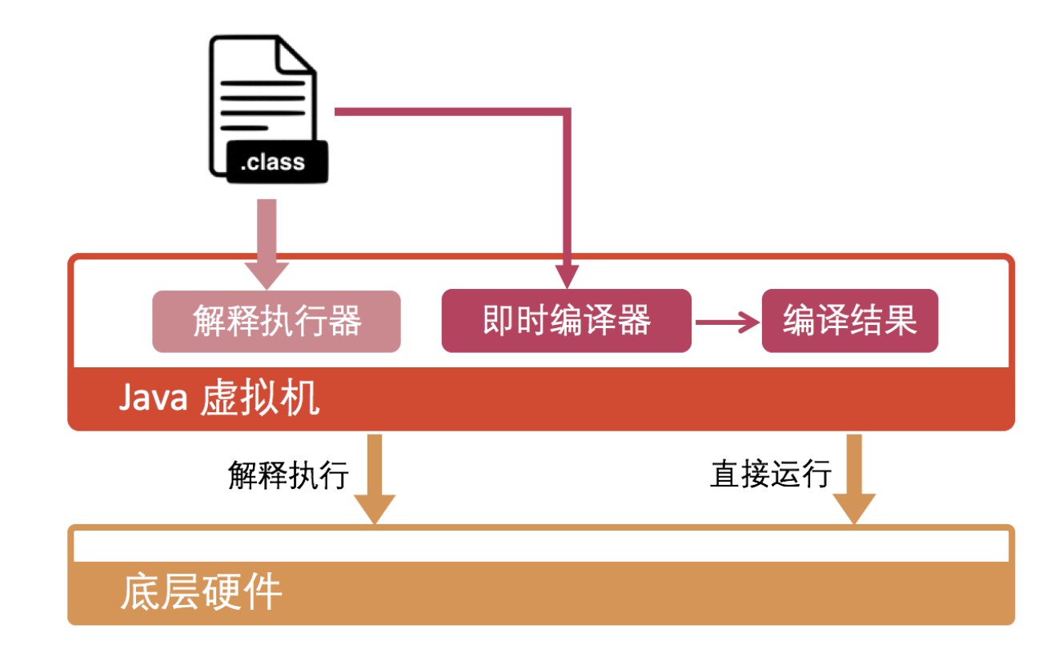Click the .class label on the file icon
(273, 162)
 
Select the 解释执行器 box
(276, 322)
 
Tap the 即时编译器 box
(566, 321)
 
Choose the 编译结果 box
(849, 321)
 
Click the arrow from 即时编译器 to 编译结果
(727, 322)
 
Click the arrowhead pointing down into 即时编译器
(567, 277)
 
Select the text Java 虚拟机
(219, 398)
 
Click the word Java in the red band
(153, 398)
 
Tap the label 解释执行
(288, 475)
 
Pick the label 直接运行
(770, 475)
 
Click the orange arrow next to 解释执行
(375, 480)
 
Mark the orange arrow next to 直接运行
(854, 480)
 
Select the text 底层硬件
(201, 593)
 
